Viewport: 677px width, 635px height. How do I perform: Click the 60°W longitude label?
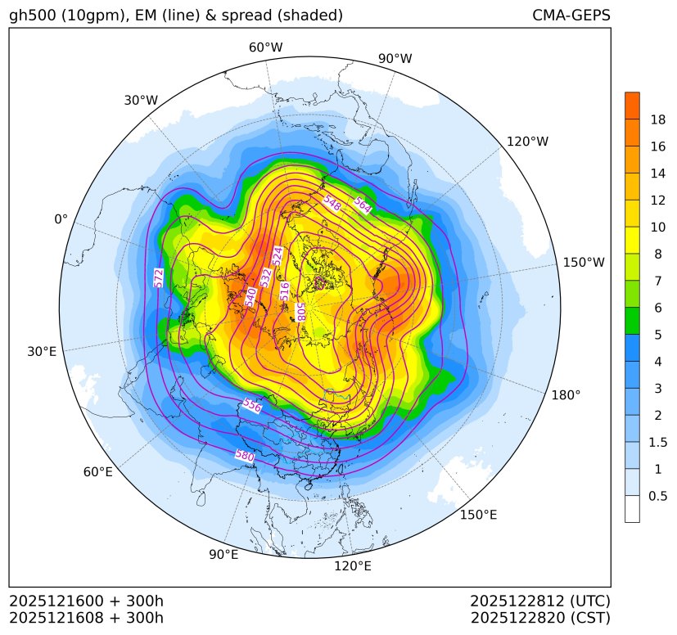265,47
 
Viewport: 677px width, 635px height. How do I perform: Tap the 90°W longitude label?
395,58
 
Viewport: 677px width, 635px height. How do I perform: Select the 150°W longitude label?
584,262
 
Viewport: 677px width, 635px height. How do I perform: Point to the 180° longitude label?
566,394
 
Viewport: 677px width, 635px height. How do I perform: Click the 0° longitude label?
61,219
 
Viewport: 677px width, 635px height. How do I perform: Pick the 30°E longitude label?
42,352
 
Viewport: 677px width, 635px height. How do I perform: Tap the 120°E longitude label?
353,565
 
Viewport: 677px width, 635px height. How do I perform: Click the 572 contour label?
159,277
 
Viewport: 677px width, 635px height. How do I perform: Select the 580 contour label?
245,455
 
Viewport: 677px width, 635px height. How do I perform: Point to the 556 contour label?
252,406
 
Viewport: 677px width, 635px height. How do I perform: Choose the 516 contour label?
285,290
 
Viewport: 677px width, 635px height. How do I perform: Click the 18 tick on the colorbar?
657,119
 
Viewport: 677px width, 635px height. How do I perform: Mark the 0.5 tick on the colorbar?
657,495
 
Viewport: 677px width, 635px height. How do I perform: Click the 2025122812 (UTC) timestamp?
540,601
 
